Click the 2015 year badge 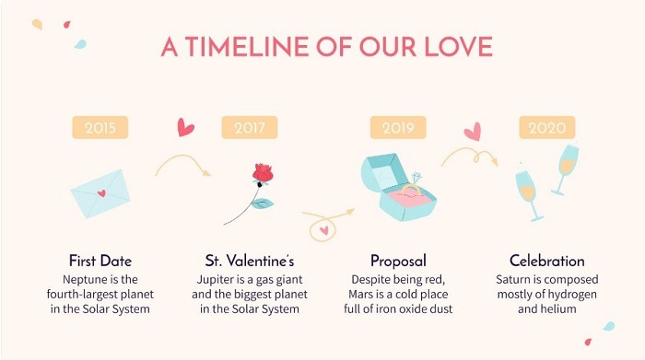click(100, 127)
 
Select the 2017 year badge click(249, 127)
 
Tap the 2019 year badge click(398, 127)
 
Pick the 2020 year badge click(546, 127)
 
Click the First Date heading click(100, 261)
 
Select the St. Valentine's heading click(249, 261)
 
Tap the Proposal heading click(398, 261)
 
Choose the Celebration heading click(546, 261)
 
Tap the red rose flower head click(263, 174)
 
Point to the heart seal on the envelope click(102, 193)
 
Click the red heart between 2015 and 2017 click(186, 127)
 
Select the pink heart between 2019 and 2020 click(473, 132)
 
